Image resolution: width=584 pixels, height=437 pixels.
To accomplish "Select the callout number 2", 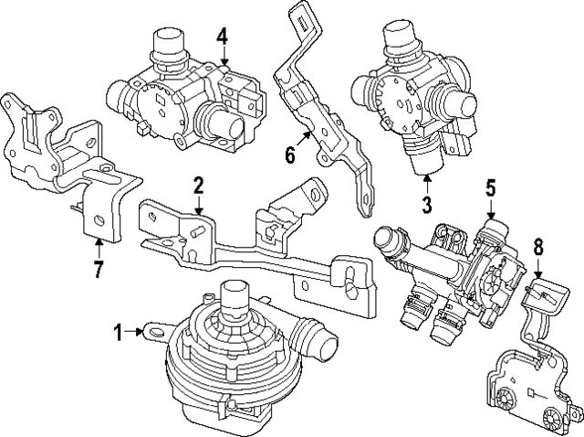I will (x=198, y=188).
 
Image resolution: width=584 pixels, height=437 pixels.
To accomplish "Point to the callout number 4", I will (x=223, y=38).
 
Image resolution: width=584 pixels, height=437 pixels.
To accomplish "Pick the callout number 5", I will (x=490, y=189).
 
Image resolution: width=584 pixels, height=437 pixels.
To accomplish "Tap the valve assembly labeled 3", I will (x=411, y=91).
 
